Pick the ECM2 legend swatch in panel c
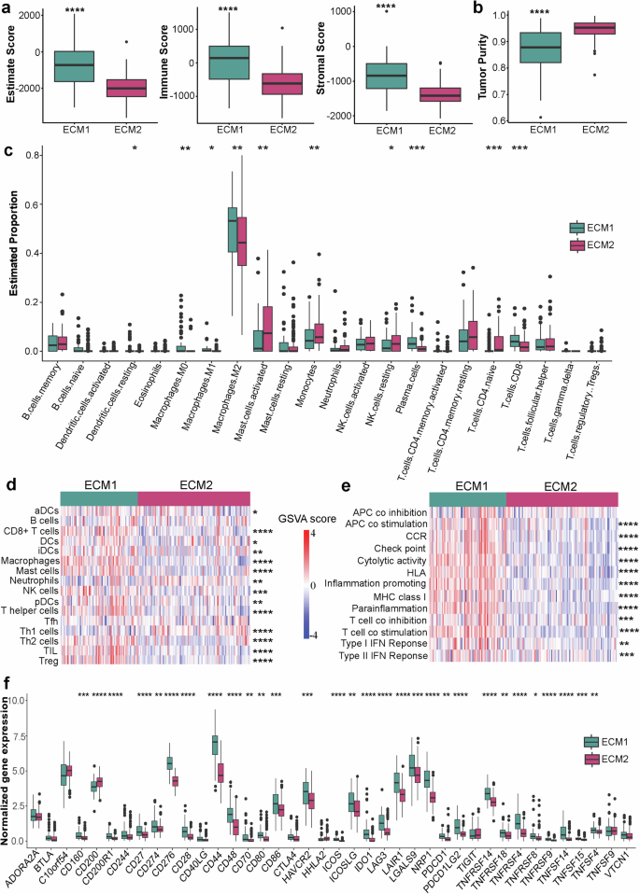click(x=578, y=244)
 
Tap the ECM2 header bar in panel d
click(x=193, y=499)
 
